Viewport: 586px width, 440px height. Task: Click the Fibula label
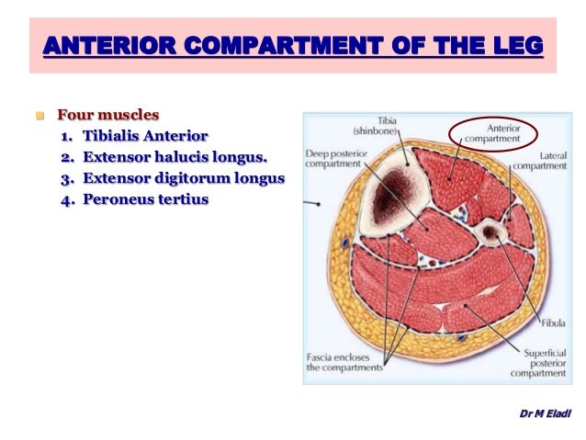click(554, 323)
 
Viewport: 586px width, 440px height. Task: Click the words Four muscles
click(108, 116)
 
